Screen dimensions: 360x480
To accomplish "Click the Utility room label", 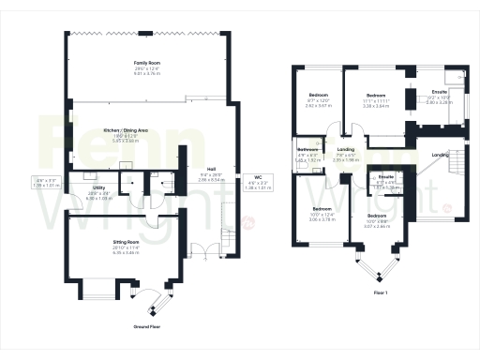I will pyautogui.click(x=98, y=188).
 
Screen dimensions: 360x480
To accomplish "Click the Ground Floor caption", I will pyautogui.click(x=149, y=328).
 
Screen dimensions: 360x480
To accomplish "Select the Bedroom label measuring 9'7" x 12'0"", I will pyautogui.click(x=319, y=96).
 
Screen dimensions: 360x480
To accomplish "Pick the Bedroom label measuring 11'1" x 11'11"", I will pyautogui.click(x=377, y=96).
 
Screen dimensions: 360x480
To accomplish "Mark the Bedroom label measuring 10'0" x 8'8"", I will pyautogui.click(x=378, y=216).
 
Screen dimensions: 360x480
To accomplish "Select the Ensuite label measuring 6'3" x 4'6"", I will pyautogui.click(x=384, y=176).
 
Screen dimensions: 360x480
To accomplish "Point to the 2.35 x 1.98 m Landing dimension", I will pyautogui.click(x=347, y=160).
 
